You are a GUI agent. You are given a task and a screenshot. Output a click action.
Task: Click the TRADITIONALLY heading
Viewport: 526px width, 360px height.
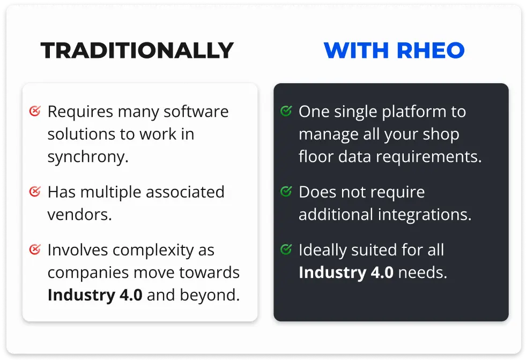pyautogui.click(x=137, y=50)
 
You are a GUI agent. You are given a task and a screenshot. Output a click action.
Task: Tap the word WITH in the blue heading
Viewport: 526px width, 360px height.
pyautogui.click(x=356, y=50)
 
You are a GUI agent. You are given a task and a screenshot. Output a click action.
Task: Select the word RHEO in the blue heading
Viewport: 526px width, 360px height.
pyautogui.click(x=431, y=50)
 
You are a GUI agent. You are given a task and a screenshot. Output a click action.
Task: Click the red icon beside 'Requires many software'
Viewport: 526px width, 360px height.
pyautogui.click(x=35, y=111)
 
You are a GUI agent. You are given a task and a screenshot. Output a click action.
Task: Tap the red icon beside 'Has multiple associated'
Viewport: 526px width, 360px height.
pyautogui.click(x=35, y=191)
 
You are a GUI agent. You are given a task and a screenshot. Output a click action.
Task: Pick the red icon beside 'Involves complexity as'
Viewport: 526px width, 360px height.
pyautogui.click(x=35, y=249)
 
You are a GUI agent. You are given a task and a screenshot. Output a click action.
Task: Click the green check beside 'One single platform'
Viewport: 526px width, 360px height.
pyautogui.click(x=286, y=111)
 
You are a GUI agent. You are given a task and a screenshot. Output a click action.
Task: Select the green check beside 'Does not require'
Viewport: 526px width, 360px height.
pyautogui.click(x=286, y=191)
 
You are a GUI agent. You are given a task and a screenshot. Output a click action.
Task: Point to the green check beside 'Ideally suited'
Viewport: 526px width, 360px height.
pyautogui.click(x=286, y=249)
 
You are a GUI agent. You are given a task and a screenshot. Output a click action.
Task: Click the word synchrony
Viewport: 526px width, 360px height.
pyautogui.click(x=88, y=157)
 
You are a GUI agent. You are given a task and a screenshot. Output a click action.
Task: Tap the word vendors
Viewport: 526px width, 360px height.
pyautogui.click(x=79, y=215)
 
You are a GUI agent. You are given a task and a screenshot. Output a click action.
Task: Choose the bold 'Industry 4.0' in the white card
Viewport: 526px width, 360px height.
pyautogui.click(x=95, y=295)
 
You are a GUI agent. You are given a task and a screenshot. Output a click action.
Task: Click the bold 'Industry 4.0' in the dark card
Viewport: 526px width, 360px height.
pyautogui.click(x=346, y=272)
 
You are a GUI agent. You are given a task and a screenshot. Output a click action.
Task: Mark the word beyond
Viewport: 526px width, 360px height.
pyautogui.click(x=210, y=295)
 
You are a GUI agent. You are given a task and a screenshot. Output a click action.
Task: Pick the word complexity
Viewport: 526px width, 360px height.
pyautogui.click(x=153, y=251)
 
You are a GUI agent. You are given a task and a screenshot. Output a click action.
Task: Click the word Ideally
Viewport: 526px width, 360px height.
pyautogui.click(x=322, y=251)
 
